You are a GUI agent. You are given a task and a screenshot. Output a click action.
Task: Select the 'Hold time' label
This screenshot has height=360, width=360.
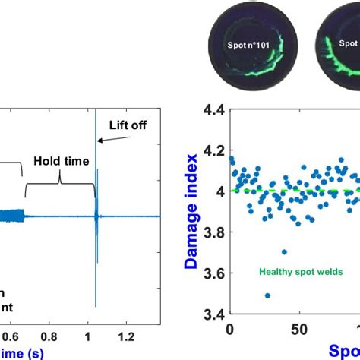[62, 161]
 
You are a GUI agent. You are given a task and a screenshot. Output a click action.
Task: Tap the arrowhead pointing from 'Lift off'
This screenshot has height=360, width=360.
[99, 140]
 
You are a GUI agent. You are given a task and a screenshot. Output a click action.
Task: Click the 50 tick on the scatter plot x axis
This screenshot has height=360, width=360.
[300, 330]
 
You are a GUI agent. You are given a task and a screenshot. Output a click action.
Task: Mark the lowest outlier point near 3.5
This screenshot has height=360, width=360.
[267, 295]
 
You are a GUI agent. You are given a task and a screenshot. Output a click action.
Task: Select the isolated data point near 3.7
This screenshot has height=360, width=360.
[283, 252]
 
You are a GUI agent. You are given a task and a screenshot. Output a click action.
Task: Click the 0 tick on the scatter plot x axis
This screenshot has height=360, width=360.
[230, 330]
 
